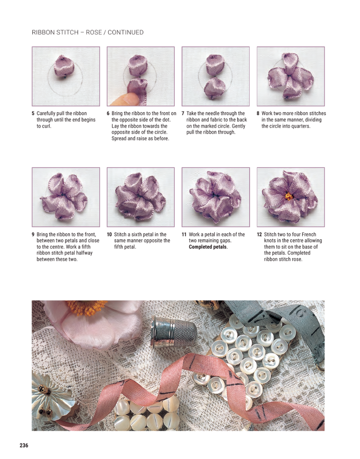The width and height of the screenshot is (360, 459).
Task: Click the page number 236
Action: coord(24,445)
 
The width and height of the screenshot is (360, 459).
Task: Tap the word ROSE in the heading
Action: coord(94,32)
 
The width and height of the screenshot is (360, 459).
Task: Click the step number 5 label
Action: coord(33,113)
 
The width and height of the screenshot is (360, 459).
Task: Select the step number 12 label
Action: coord(259,234)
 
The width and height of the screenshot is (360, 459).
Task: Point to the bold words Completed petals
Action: coord(208,247)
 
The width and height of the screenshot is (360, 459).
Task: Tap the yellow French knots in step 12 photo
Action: coord(289,196)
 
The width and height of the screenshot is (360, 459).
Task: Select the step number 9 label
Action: coord(33,234)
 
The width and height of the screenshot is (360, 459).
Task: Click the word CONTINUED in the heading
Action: coord(126,32)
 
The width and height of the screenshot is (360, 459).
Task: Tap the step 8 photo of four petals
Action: coord(291,76)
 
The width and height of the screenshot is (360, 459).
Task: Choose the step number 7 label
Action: coord(183,113)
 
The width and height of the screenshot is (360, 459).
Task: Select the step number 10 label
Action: coord(109,234)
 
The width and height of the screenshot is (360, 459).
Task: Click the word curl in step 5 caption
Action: coord(46,126)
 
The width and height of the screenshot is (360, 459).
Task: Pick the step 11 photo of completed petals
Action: coord(216,197)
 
